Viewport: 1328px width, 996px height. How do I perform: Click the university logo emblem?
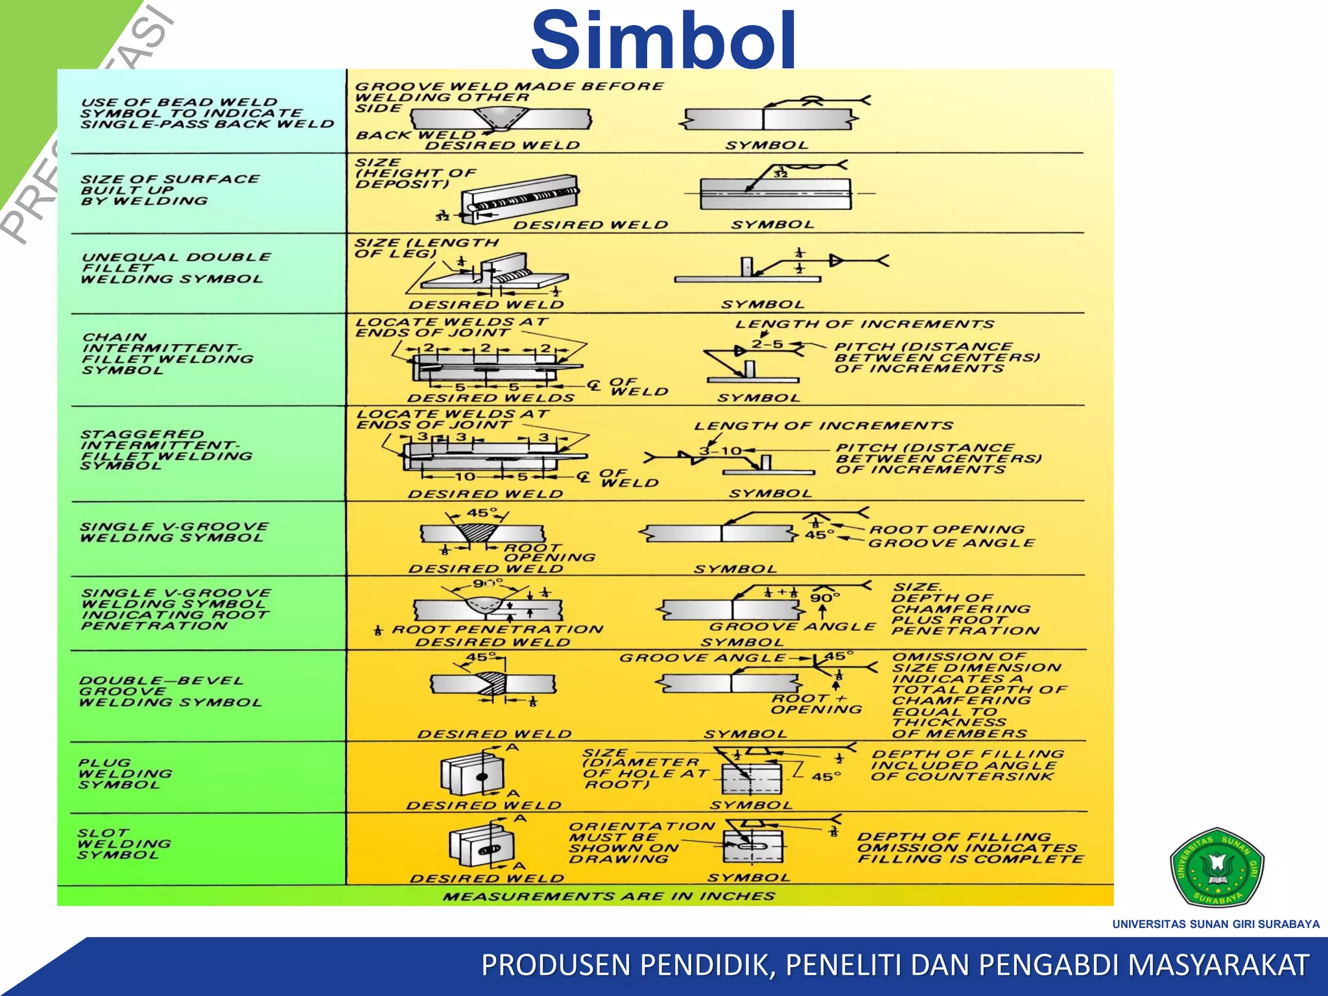click(x=1216, y=867)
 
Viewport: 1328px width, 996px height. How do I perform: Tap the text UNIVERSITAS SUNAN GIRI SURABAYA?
click(x=1216, y=924)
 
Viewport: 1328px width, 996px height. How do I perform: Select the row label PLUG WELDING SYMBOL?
click(x=125, y=774)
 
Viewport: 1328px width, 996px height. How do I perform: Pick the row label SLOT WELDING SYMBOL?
click(x=124, y=844)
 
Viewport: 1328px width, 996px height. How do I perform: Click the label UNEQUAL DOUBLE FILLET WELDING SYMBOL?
click(x=175, y=268)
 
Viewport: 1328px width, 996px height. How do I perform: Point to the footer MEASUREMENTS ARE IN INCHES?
click(x=609, y=896)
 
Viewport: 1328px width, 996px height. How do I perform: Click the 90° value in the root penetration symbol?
click(x=825, y=597)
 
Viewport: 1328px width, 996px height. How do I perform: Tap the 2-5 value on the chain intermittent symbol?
click(x=768, y=344)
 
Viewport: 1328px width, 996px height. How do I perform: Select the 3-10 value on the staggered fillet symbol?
click(x=720, y=451)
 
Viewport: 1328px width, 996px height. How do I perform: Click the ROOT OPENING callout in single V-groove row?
click(x=947, y=529)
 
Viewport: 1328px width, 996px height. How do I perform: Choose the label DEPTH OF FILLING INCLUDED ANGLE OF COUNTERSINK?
click(x=966, y=765)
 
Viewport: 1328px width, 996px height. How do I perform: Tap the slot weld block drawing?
click(x=482, y=846)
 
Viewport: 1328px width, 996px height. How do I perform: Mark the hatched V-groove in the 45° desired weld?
click(x=477, y=533)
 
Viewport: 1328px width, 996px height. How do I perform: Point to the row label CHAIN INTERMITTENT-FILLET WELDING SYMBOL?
click(x=167, y=353)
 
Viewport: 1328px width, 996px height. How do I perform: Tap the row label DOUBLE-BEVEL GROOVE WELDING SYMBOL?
click(x=170, y=691)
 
